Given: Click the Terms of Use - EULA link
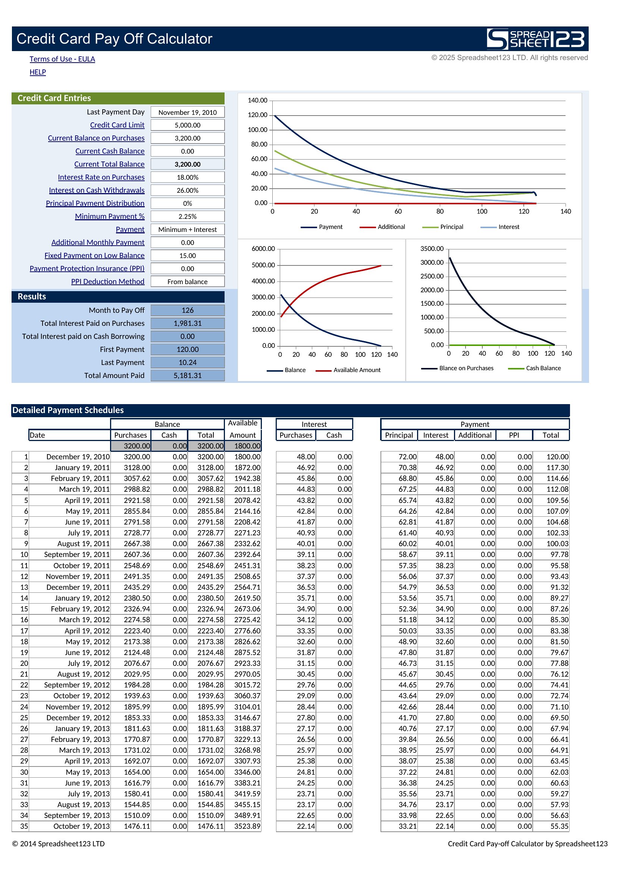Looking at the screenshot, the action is (x=62, y=59).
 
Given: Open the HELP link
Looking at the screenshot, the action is (x=38, y=72).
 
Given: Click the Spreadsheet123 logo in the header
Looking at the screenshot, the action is (x=536, y=39).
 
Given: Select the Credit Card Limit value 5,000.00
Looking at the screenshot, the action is (x=187, y=125).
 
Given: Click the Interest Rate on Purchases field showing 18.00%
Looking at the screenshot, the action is (x=187, y=177).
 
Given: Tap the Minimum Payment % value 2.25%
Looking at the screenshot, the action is (x=187, y=216).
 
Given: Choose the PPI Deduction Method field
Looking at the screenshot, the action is (x=187, y=281).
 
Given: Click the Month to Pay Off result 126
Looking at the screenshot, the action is (x=187, y=310).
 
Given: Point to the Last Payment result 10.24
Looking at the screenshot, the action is (x=187, y=362).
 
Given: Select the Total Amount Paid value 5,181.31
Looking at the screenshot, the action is (x=187, y=375).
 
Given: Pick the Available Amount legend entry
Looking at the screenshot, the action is (x=348, y=370).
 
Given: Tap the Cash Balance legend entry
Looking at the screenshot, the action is (x=535, y=368).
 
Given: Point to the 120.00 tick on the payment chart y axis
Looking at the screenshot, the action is (x=258, y=115).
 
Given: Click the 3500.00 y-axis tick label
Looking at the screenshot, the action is (x=432, y=249).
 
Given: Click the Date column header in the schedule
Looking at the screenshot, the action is (x=37, y=435).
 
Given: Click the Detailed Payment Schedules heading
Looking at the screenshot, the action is (x=68, y=410).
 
